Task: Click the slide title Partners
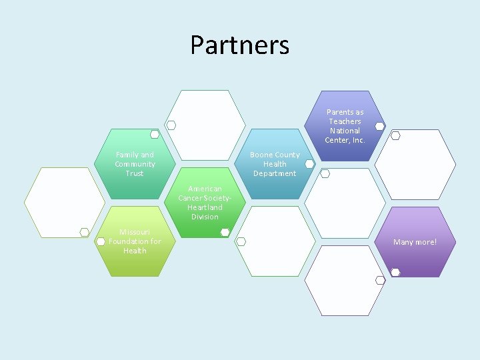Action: [x=239, y=45]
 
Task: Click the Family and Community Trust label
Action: [x=135, y=164]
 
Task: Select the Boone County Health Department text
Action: [x=275, y=164]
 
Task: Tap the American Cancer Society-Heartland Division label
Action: [x=205, y=203]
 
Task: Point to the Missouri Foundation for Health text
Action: [x=135, y=241]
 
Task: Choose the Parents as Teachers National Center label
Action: [x=345, y=126]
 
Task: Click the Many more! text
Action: [x=415, y=242]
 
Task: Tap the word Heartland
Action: [x=205, y=207]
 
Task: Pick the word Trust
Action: [x=135, y=173]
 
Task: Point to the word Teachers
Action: [x=345, y=121]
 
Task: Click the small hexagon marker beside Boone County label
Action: [x=309, y=163]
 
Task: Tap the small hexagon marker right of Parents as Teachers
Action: [x=379, y=126]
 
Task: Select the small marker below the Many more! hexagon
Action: [x=395, y=272]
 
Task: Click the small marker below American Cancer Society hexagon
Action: [x=225, y=232]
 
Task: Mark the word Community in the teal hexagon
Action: [x=135, y=164]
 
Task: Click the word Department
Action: [x=275, y=173]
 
